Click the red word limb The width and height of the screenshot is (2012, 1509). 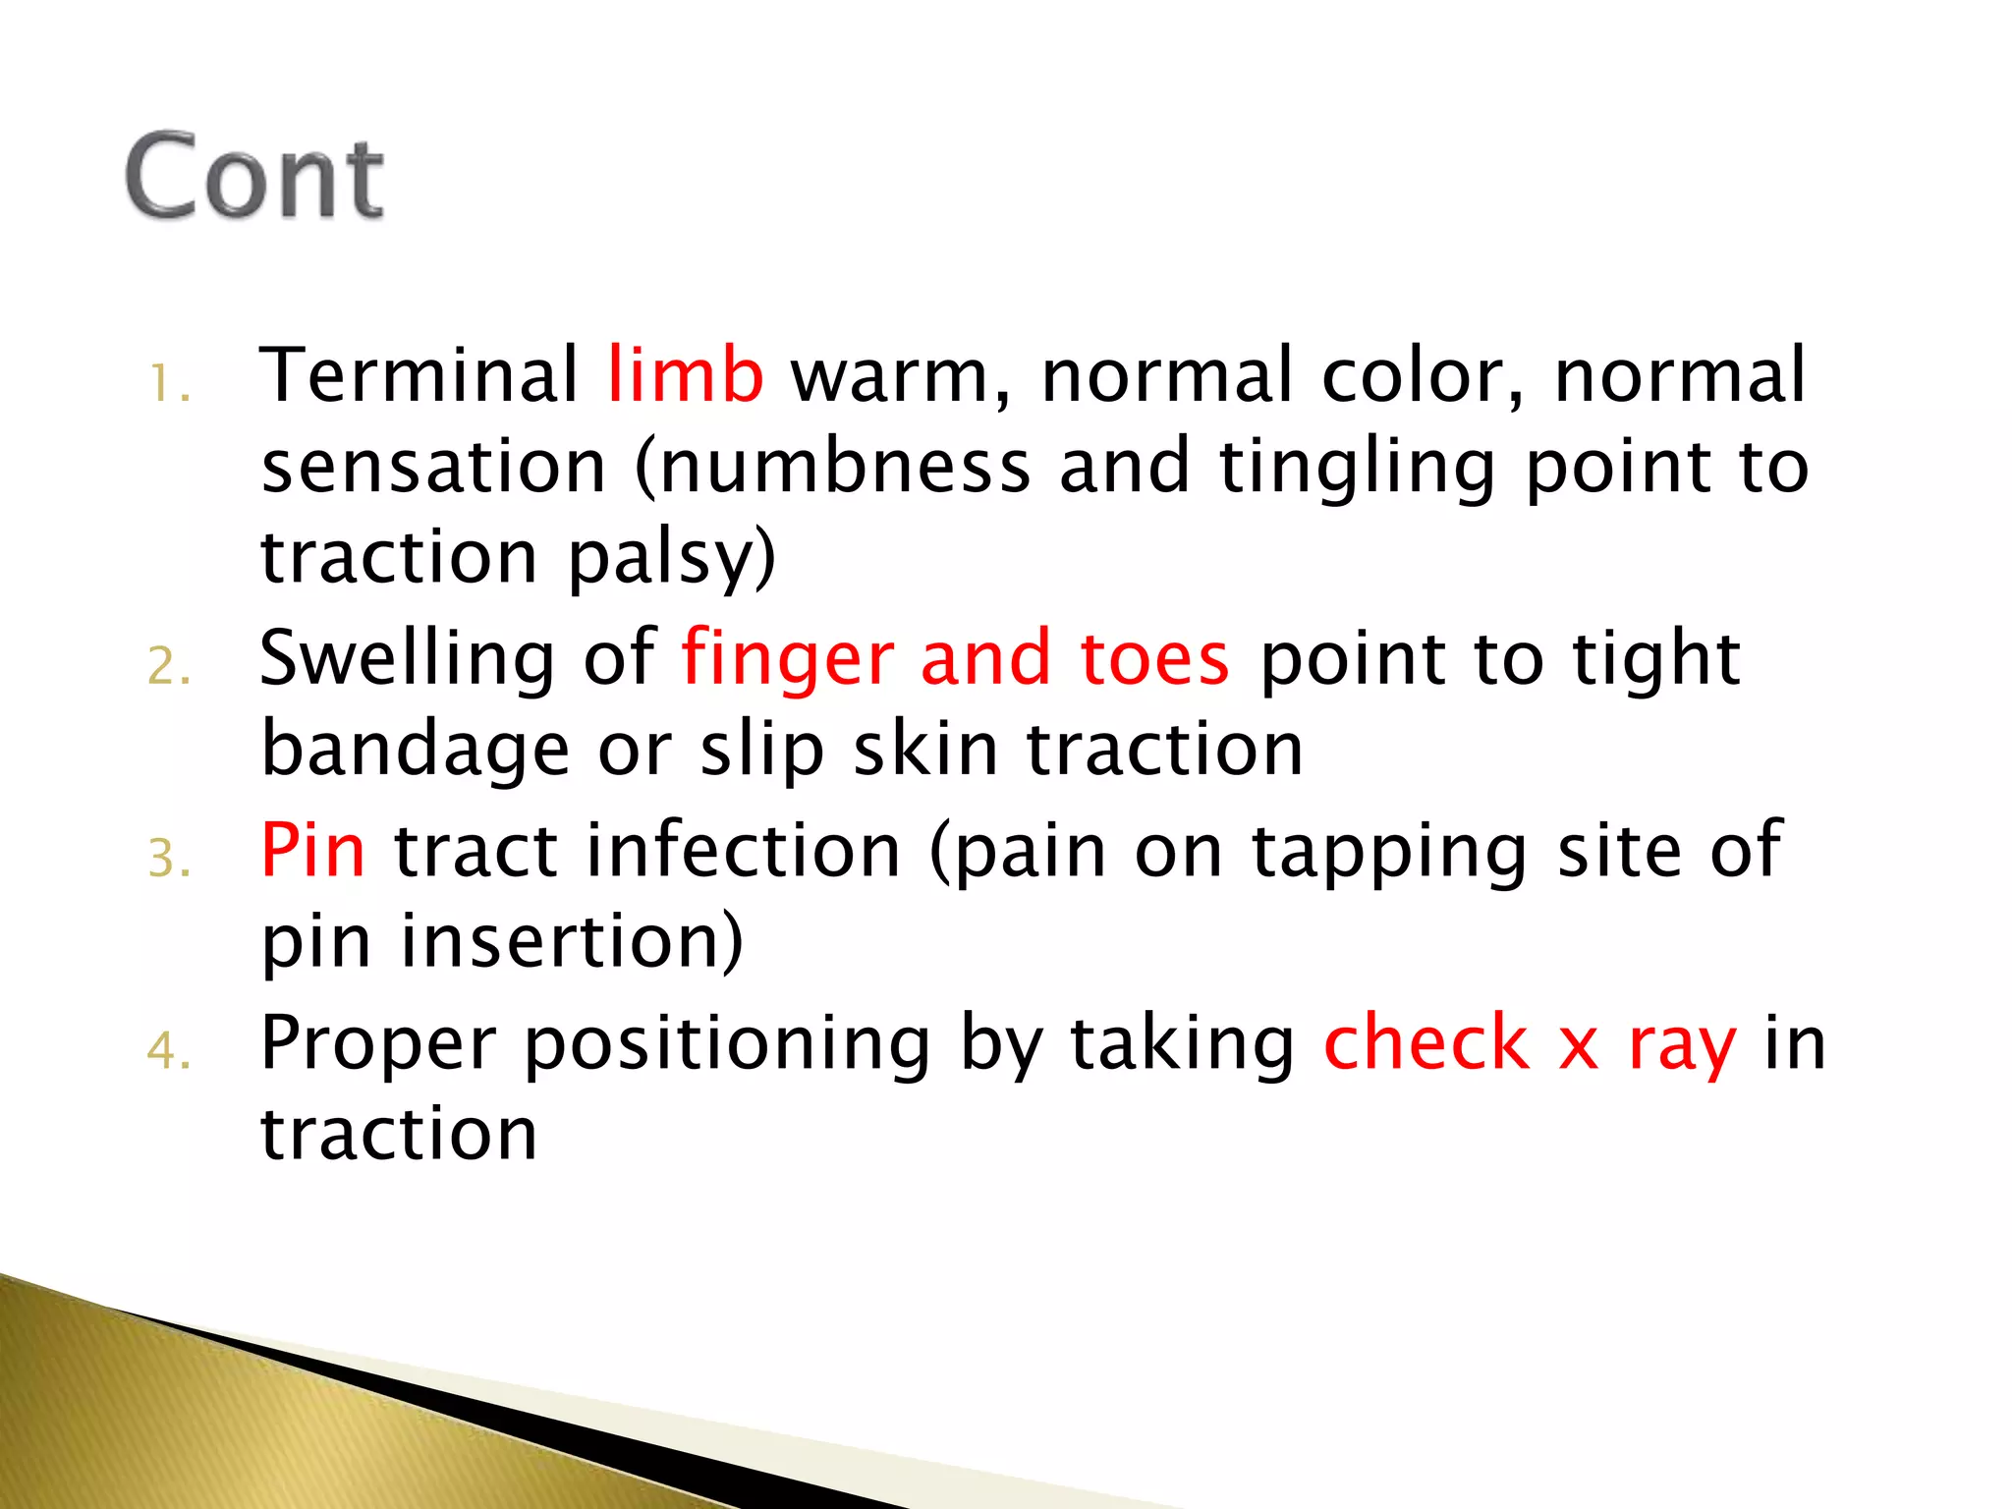tap(685, 375)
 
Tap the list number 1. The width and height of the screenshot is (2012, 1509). tap(167, 384)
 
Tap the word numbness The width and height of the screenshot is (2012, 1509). tap(845, 467)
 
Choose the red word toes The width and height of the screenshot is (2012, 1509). tap(1154, 658)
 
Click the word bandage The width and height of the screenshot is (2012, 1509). tap(415, 750)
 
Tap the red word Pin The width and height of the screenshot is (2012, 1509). tap(312, 850)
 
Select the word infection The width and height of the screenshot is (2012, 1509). tap(756, 850)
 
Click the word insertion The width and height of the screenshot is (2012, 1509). tap(570, 941)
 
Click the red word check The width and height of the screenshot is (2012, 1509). tap(1425, 1042)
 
